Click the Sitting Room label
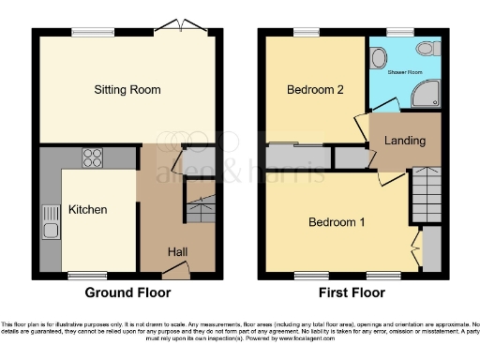127,90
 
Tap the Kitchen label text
87,209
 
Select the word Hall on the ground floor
177,251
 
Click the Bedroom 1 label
337,222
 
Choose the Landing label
405,142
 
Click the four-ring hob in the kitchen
93,158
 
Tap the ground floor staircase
200,210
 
